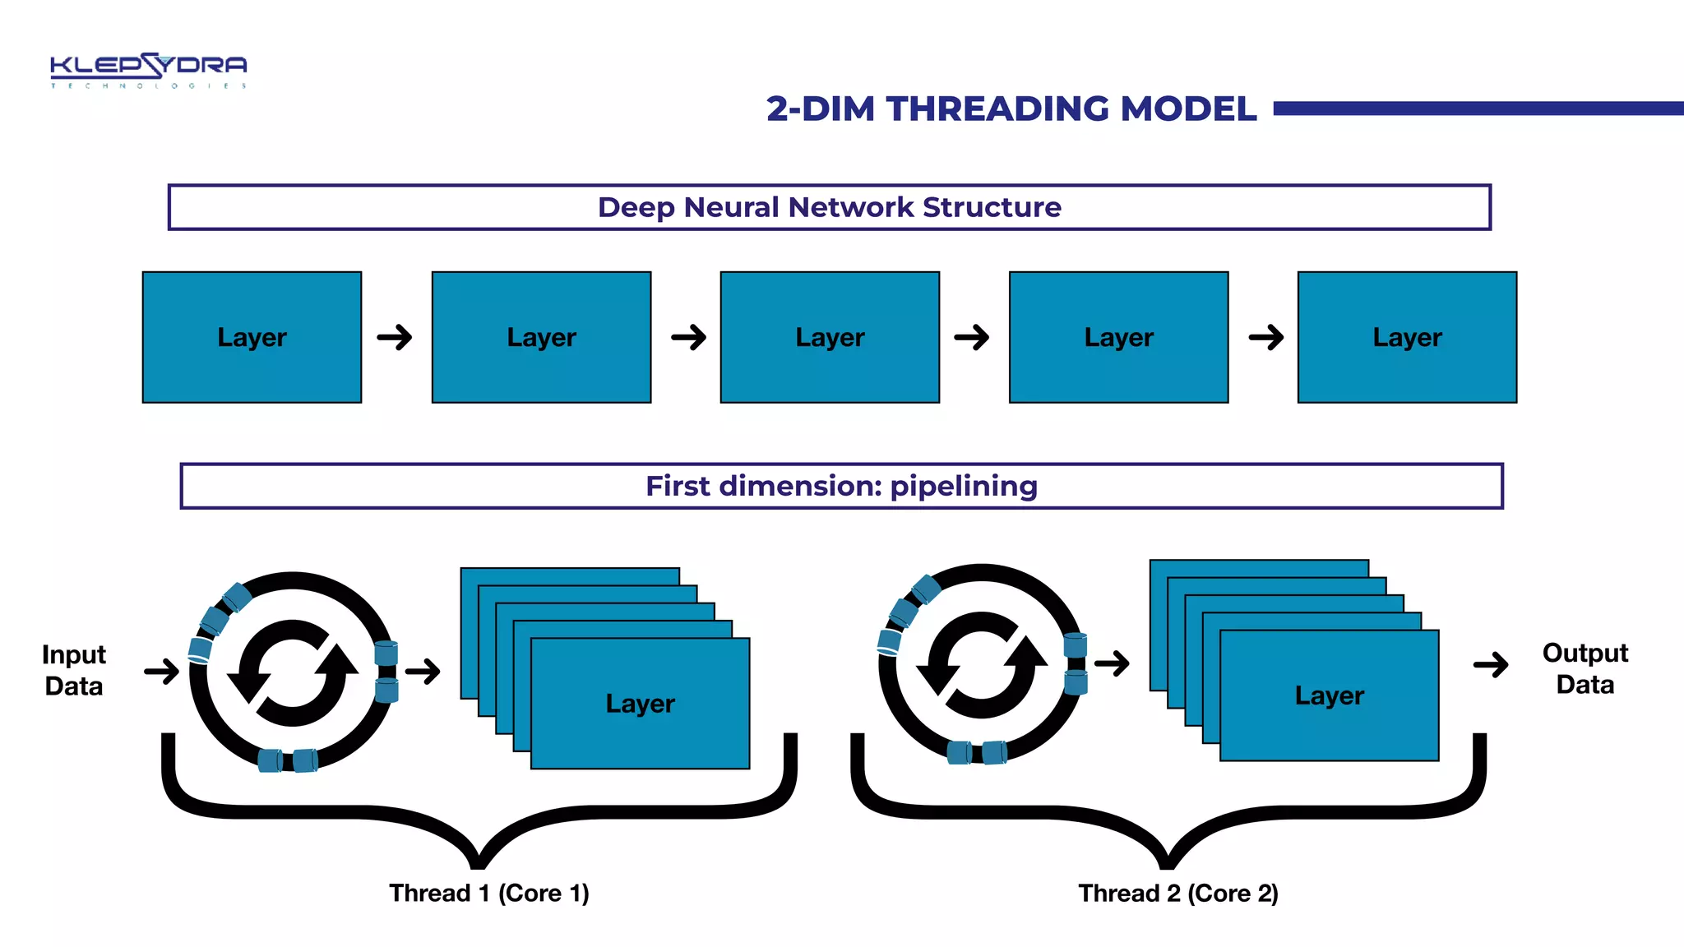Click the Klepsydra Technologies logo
click(148, 70)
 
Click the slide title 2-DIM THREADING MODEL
click(1011, 109)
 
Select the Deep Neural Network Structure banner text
click(829, 207)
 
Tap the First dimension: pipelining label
click(841, 486)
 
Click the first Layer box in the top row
click(252, 337)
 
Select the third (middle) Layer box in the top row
click(830, 337)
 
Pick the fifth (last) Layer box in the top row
click(1407, 337)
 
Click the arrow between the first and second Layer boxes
click(395, 337)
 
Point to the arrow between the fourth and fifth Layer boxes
click(1265, 337)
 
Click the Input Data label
click(74, 670)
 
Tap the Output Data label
click(1585, 668)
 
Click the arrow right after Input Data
click(161, 672)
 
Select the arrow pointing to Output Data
click(1490, 664)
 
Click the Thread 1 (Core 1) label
click(488, 893)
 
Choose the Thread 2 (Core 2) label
click(1177, 893)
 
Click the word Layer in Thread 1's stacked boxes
click(640, 704)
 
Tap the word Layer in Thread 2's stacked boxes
click(1329, 695)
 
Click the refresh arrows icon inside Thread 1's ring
click(293, 672)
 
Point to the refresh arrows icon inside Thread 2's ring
click(982, 665)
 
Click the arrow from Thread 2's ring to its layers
click(1112, 663)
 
